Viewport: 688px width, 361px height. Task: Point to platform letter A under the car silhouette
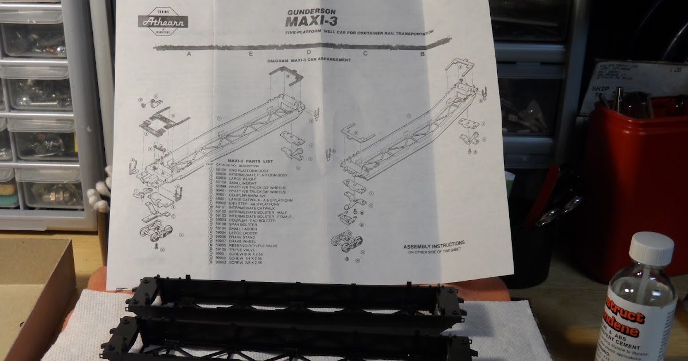coord(188,54)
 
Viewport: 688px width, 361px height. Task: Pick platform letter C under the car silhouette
coord(364,54)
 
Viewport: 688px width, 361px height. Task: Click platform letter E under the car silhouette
coord(251,53)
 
